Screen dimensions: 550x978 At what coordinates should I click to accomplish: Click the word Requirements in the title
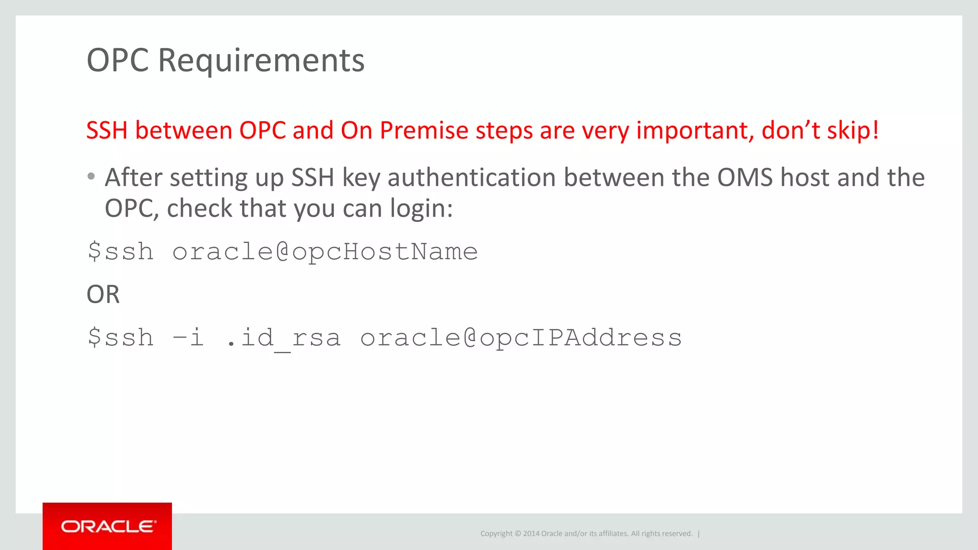261,61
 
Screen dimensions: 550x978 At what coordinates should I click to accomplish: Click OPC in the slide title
117,61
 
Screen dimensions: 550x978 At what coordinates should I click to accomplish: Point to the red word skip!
853,130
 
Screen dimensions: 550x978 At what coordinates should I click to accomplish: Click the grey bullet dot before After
91,177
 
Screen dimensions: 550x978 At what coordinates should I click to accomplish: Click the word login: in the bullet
421,209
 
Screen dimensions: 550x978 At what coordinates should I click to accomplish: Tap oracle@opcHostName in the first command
325,252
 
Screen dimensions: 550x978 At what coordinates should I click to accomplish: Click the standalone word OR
103,294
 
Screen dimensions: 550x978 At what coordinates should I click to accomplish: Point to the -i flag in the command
188,338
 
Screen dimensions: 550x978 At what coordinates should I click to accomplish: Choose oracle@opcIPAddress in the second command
521,338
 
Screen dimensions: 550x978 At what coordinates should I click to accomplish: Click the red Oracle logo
107,526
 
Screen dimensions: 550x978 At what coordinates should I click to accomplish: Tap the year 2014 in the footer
531,534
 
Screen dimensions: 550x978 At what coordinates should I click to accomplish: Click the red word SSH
107,130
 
